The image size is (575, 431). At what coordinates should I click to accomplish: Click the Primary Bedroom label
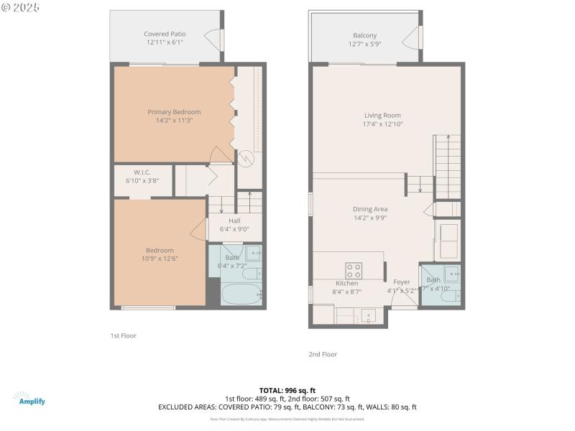pyautogui.click(x=174, y=112)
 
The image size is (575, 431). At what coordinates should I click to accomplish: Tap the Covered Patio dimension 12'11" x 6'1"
pyautogui.click(x=165, y=42)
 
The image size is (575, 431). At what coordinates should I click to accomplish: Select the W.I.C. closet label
pyautogui.click(x=142, y=172)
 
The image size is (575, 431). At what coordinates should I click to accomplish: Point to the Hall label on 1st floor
pyautogui.click(x=234, y=221)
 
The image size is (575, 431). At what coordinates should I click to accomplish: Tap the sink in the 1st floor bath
pyautogui.click(x=252, y=253)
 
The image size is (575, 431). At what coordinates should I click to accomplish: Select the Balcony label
pyautogui.click(x=364, y=35)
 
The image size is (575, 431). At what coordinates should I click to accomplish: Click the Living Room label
pyautogui.click(x=382, y=115)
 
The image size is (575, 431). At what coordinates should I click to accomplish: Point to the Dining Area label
pyautogui.click(x=370, y=209)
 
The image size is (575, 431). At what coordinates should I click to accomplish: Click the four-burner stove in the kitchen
pyautogui.click(x=354, y=270)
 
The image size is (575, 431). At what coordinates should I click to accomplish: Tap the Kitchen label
pyautogui.click(x=346, y=283)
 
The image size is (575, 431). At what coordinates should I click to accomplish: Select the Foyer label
pyautogui.click(x=401, y=282)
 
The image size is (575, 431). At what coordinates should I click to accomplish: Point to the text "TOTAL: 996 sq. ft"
pyautogui.click(x=287, y=390)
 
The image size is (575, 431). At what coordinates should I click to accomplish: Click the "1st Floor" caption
pyautogui.click(x=123, y=335)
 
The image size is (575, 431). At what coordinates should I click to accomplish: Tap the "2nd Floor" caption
pyautogui.click(x=323, y=354)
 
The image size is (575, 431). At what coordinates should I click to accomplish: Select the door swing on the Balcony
pyautogui.click(x=410, y=36)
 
